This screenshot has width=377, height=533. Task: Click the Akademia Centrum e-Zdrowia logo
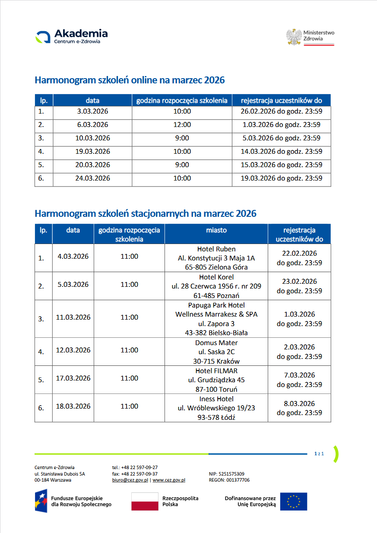(72, 36)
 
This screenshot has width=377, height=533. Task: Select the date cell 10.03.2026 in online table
(92, 138)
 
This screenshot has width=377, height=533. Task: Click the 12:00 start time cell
(182, 125)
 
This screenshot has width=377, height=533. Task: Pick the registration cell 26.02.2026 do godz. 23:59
(281, 111)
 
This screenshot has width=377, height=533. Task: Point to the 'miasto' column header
(216, 231)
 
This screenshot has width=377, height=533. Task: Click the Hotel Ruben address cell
(216, 258)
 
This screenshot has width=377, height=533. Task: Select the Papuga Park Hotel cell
(216, 319)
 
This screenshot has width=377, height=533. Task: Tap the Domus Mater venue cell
(216, 352)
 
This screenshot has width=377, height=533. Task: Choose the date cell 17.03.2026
(73, 378)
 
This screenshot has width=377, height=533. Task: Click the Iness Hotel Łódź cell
(216, 408)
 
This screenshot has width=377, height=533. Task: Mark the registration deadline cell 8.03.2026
(299, 408)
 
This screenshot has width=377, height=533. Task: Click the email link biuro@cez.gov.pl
(130, 480)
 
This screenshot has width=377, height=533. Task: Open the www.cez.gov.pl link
(169, 480)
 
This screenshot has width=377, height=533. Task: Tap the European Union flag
(293, 501)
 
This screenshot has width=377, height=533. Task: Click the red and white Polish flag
(145, 501)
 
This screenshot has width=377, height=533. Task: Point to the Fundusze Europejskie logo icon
(41, 501)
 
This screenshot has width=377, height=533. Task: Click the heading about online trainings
(130, 80)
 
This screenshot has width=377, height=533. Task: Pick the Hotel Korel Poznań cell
(216, 286)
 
